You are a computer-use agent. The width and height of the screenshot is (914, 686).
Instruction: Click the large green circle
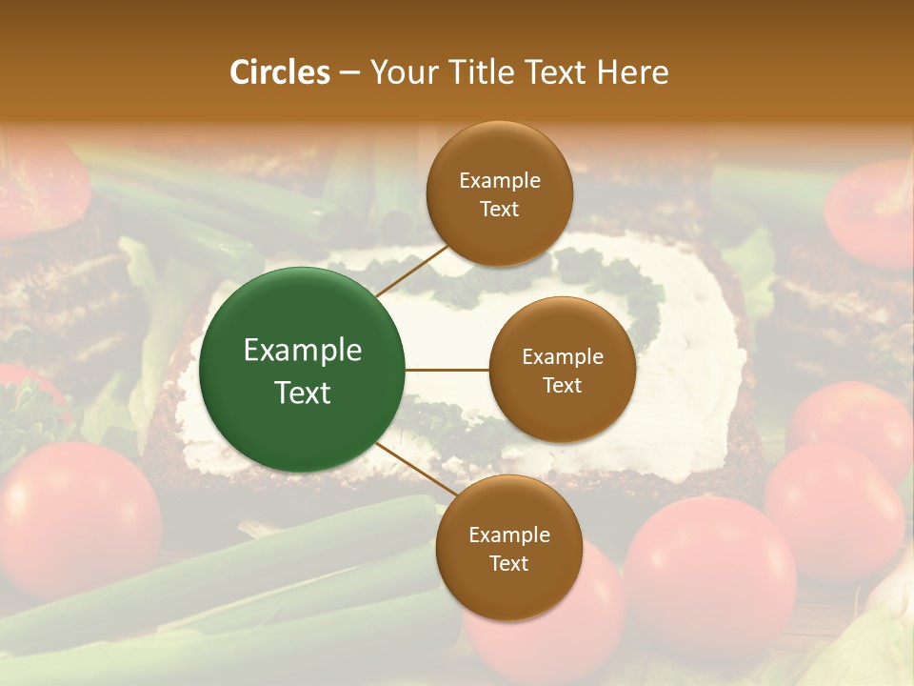click(x=303, y=370)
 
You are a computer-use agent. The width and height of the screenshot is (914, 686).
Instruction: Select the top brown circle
click(x=499, y=193)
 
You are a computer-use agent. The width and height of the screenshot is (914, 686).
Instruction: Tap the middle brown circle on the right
click(x=562, y=370)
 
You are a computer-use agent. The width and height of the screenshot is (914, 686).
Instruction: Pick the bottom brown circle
click(x=508, y=548)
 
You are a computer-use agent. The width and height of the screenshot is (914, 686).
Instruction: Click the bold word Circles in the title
click(x=279, y=72)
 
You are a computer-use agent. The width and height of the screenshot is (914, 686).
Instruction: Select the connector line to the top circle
click(x=411, y=270)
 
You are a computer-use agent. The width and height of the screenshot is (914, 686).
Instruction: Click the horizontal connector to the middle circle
click(x=447, y=370)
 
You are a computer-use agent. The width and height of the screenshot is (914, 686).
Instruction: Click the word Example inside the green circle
click(x=303, y=351)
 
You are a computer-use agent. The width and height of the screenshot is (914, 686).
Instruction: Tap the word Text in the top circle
click(x=499, y=209)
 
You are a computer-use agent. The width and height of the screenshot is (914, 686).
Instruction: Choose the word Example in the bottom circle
click(x=508, y=535)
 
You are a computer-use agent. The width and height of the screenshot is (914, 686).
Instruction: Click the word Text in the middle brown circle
click(x=562, y=385)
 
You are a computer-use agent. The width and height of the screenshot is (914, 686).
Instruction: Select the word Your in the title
click(x=400, y=72)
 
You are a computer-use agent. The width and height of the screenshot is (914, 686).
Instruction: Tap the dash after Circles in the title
click(x=349, y=73)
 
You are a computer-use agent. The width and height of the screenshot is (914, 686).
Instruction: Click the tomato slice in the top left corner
click(x=38, y=186)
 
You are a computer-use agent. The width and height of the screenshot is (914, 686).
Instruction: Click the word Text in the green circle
click(x=303, y=393)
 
